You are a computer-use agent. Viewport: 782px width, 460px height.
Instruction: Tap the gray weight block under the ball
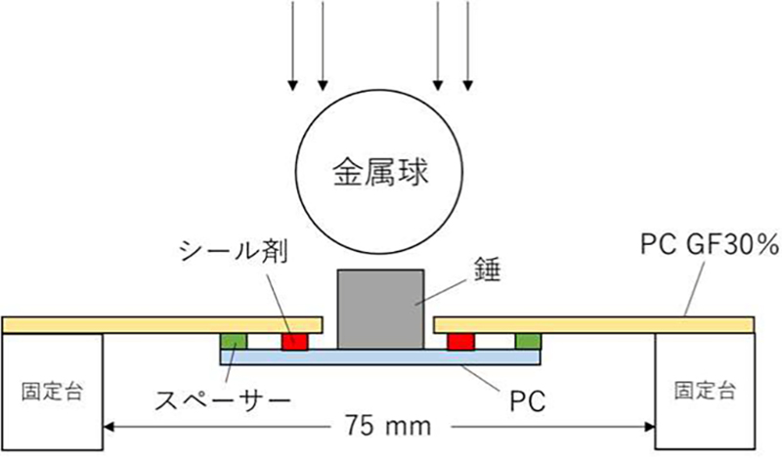(x=380, y=308)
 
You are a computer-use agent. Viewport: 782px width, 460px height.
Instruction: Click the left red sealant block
(x=294, y=340)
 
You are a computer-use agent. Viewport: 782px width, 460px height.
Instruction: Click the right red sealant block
(x=460, y=340)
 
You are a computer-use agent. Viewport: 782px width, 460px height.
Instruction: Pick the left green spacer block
(x=235, y=340)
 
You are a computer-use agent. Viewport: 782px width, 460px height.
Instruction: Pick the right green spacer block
(x=528, y=340)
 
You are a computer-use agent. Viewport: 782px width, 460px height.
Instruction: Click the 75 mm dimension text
(x=381, y=427)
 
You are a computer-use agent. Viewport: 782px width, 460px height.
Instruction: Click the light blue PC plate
(x=380, y=356)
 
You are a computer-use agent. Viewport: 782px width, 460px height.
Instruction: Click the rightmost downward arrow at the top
(x=469, y=44)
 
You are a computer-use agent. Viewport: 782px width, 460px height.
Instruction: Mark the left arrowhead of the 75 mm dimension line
(x=110, y=427)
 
